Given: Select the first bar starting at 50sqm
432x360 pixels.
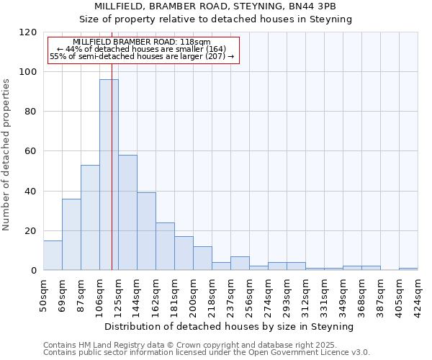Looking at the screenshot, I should [53, 256].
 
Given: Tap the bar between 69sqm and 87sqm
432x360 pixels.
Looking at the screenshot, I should [71, 235].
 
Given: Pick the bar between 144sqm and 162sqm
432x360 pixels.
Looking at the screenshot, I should [146, 231].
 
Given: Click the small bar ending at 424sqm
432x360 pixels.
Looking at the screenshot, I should [408, 269].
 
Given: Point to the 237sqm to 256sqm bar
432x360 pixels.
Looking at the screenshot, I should [240, 264].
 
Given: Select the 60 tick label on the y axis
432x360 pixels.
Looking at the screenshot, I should [32, 152].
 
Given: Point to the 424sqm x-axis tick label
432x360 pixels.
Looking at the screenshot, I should [418, 291].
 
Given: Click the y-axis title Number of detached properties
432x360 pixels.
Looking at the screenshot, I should [7, 155].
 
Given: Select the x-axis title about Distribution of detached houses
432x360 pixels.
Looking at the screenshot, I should [230, 326].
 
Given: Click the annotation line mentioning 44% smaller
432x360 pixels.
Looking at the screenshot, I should [141, 49].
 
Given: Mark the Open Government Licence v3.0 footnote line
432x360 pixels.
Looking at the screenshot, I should [206, 352].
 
